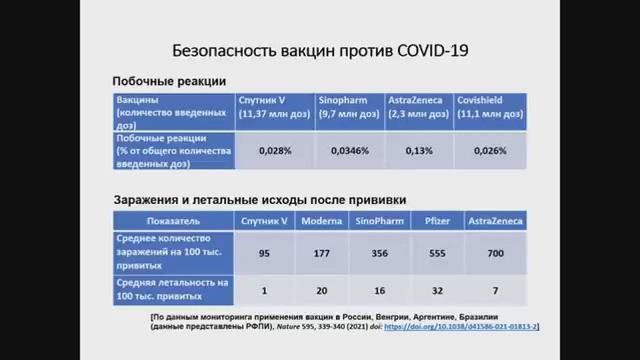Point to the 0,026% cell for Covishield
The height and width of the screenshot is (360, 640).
tap(489, 150)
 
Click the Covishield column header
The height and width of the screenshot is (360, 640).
tap(485, 101)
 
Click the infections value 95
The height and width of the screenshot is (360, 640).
tap(264, 254)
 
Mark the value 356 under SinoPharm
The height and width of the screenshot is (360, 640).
tap(380, 254)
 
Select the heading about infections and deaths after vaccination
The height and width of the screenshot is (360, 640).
tap(257, 198)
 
